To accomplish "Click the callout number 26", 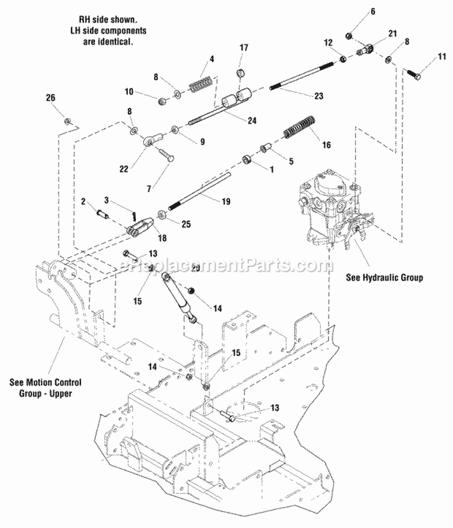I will (x=50, y=98).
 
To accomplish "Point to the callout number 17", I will (x=244, y=48).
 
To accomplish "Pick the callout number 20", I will (x=195, y=268).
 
